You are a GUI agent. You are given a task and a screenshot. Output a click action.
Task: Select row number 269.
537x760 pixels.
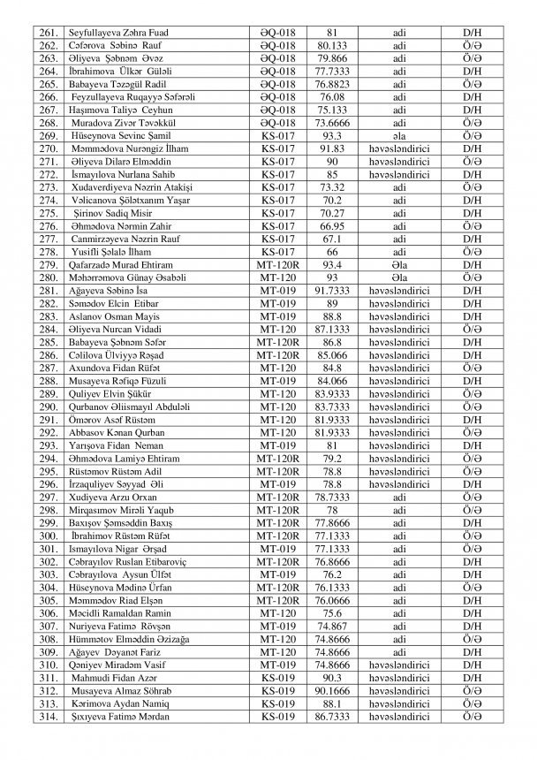[x=49, y=137]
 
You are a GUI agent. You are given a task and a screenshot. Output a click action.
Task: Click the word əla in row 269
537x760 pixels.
[x=401, y=137]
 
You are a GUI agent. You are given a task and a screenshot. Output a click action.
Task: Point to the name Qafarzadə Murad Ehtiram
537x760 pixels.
[x=126, y=265]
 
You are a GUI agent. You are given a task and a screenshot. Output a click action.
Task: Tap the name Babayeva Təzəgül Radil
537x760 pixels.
[x=123, y=86]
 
